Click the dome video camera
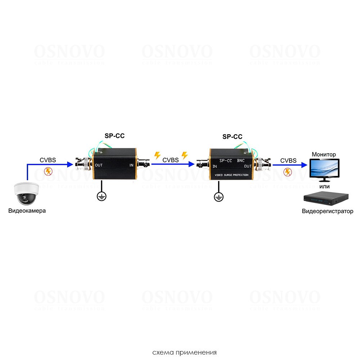tap(26, 193)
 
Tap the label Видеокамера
tap(27, 211)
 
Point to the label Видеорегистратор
tap(328, 211)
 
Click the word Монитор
tap(324, 154)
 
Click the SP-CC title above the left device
tap(114, 136)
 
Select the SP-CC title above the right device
tap(232, 136)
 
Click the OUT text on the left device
tap(99, 166)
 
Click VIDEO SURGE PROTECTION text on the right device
tap(231, 175)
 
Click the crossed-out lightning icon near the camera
tap(48, 171)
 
